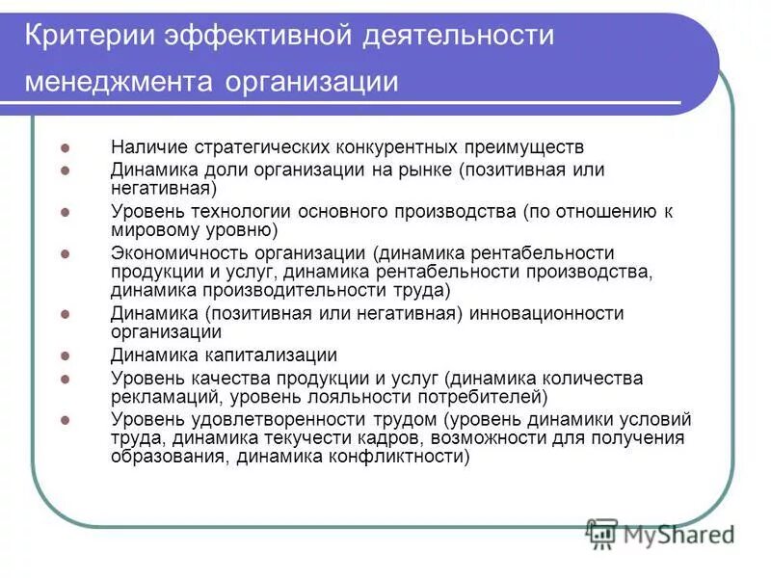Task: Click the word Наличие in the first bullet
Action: pos(149,147)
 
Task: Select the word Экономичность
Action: pos(180,253)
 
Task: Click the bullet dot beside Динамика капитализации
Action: pos(66,355)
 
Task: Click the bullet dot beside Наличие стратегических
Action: pos(66,148)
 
